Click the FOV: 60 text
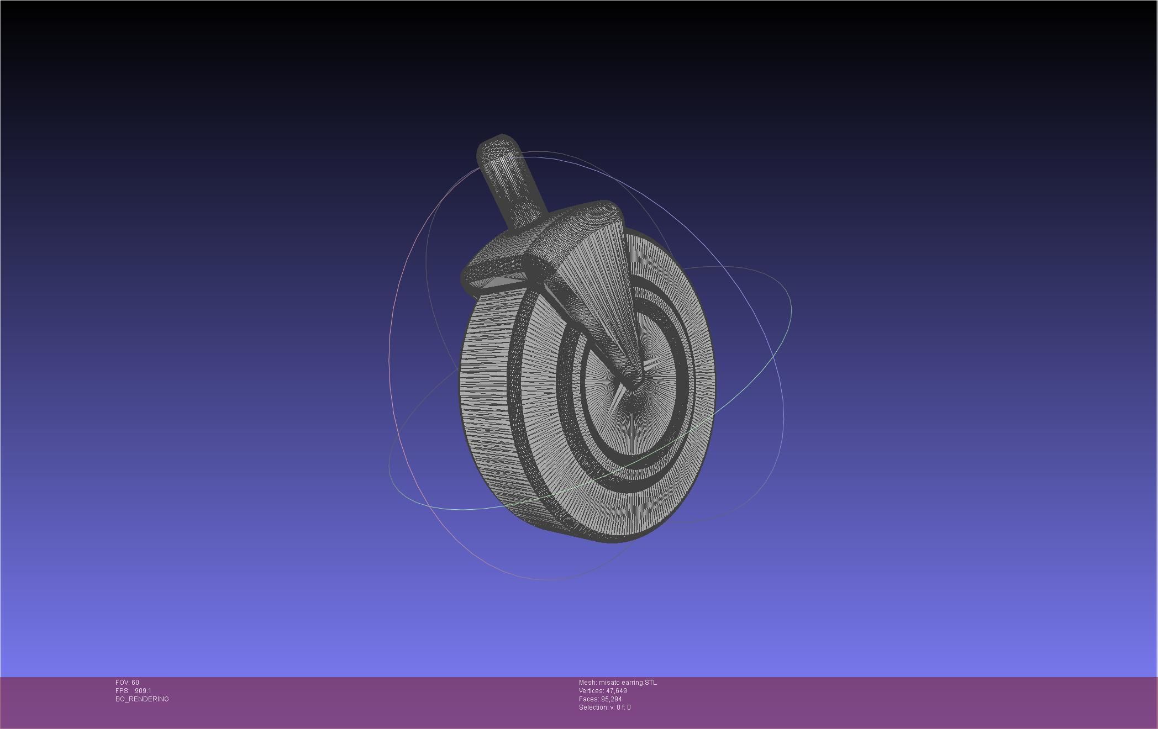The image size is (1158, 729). tap(127, 683)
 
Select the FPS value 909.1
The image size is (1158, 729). tap(143, 691)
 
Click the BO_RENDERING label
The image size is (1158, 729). tap(142, 699)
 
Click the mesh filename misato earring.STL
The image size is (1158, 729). tap(628, 683)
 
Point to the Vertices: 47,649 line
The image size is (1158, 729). tap(602, 691)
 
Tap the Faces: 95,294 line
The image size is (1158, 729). tap(600, 699)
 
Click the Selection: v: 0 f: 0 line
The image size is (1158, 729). tap(604, 707)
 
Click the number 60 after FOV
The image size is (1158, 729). tap(135, 683)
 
